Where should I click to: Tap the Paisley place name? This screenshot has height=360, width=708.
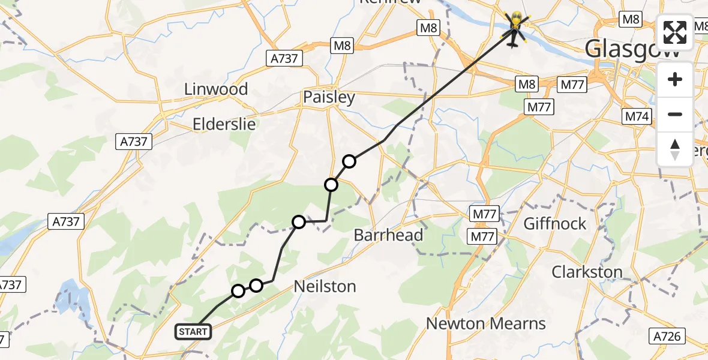[329, 97]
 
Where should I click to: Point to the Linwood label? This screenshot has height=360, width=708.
[216, 89]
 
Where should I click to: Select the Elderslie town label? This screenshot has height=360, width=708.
[224, 124]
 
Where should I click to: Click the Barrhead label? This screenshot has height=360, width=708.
[388, 235]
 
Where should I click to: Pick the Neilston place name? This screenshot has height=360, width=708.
[325, 287]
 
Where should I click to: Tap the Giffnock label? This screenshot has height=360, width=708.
[555, 223]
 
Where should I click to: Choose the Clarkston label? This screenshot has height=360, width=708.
[587, 272]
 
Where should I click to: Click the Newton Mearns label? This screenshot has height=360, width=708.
[485, 323]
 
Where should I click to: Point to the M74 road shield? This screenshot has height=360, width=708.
[637, 116]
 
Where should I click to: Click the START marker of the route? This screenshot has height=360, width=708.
[193, 331]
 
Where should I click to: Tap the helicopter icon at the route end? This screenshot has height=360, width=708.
[515, 28]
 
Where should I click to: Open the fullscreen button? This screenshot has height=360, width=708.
[675, 32]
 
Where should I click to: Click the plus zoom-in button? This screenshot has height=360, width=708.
[675, 79]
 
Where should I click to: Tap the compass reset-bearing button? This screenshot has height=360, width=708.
[675, 149]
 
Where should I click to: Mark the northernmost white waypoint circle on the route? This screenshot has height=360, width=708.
[349, 161]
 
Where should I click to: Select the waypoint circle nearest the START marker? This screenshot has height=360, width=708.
[238, 291]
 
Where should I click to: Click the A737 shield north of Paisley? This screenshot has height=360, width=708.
[284, 58]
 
